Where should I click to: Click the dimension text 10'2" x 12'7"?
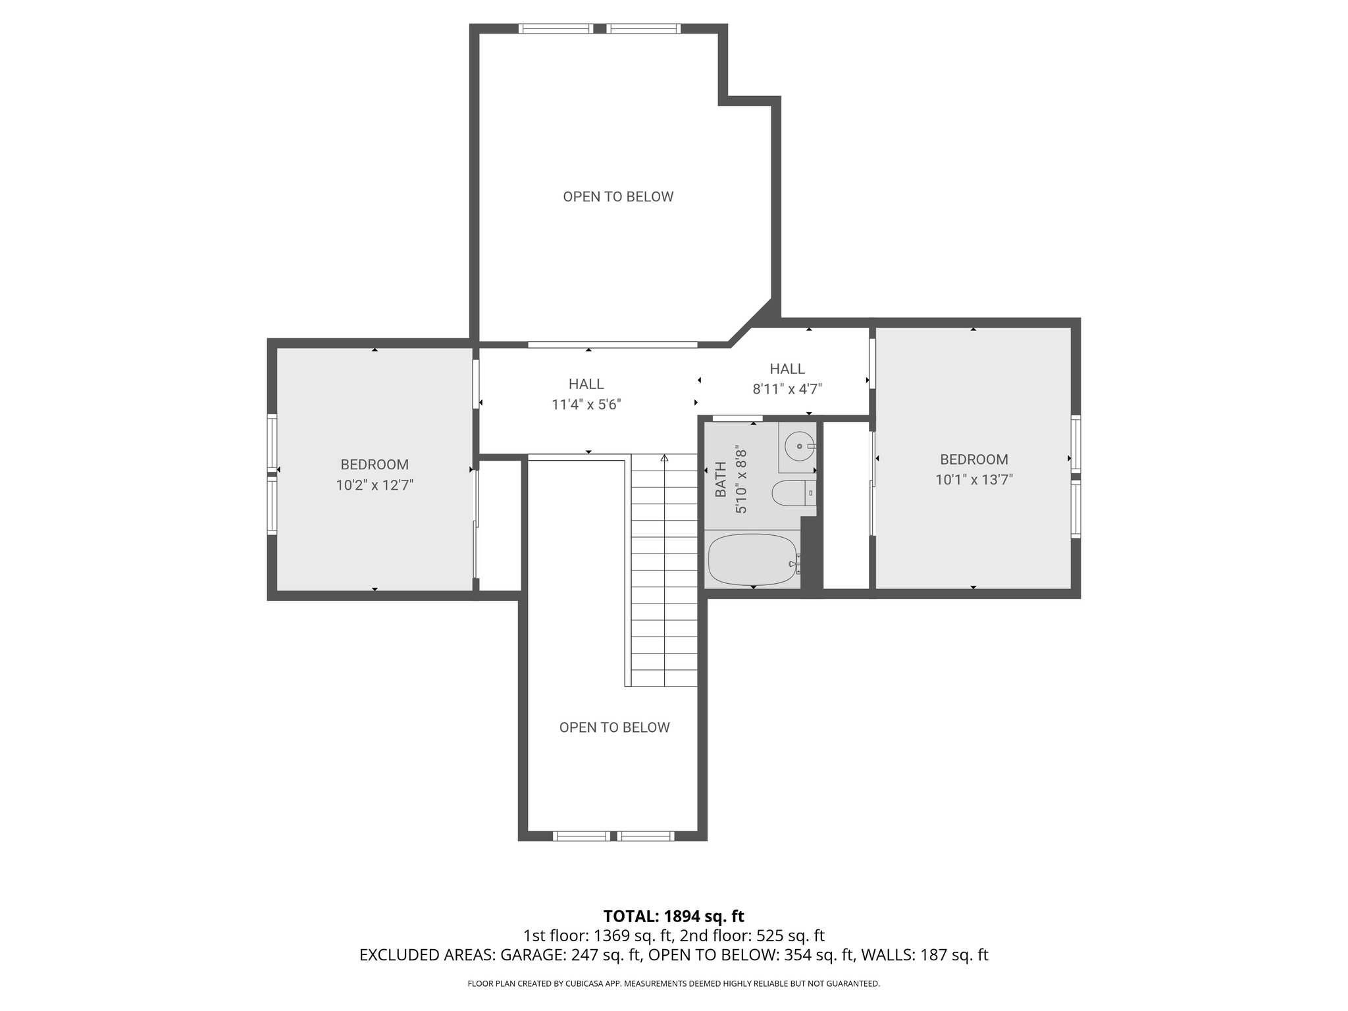(x=375, y=486)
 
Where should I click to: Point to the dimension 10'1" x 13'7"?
(x=973, y=480)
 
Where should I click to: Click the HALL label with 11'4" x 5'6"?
(x=586, y=384)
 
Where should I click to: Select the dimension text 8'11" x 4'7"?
(x=787, y=389)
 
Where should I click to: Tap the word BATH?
(x=720, y=479)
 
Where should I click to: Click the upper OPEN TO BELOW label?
(x=618, y=197)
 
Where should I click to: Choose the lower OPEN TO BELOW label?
(x=614, y=727)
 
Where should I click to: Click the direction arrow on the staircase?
(x=664, y=459)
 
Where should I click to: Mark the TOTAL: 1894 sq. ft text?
(x=673, y=916)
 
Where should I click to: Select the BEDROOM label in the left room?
(x=375, y=465)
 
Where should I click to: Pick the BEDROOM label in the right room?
(x=973, y=459)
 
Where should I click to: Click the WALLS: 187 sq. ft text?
(x=925, y=955)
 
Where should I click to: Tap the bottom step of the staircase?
(x=664, y=678)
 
